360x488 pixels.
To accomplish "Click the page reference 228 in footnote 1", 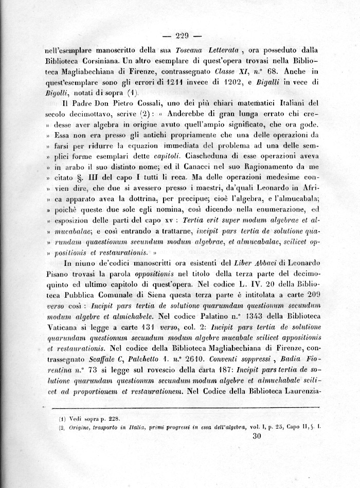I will (114, 419).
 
